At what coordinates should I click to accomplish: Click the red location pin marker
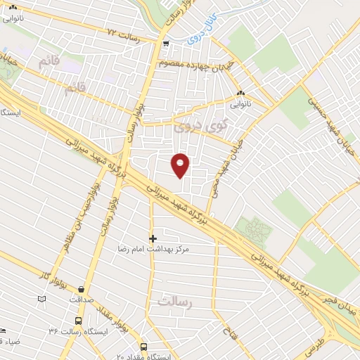click(x=181, y=165)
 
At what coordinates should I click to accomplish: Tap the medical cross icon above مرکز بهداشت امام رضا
click(x=153, y=238)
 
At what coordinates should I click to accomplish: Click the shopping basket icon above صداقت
click(x=82, y=289)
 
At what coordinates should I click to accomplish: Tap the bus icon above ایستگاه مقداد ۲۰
click(x=143, y=347)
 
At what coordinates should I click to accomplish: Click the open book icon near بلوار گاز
click(x=42, y=299)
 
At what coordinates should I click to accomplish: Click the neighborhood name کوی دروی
click(x=192, y=128)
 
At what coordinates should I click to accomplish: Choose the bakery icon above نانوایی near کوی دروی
click(x=240, y=93)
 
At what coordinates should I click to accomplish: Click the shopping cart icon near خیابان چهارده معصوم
click(x=165, y=44)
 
